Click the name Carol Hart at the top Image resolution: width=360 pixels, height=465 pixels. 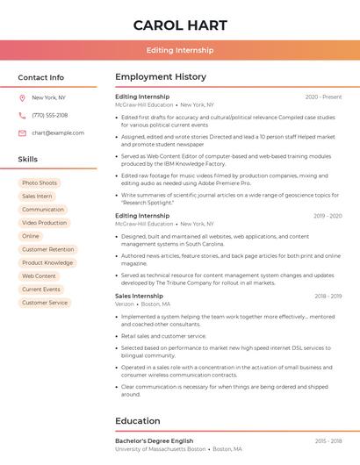[180, 25]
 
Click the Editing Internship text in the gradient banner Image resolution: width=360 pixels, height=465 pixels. [180, 50]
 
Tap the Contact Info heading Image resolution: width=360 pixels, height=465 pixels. [41, 77]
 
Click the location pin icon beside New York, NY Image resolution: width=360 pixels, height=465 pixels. [22, 97]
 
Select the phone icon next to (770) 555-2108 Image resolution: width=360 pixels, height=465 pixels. [22, 115]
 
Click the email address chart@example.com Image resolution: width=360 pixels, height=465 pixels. [58, 132]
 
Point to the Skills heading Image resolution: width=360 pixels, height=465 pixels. [28, 159]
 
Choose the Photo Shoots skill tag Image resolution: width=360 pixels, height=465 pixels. [40, 182]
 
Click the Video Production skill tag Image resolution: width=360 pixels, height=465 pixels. [44, 223]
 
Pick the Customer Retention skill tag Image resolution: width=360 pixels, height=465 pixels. [47, 249]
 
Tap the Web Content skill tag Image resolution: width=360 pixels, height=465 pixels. [39, 275]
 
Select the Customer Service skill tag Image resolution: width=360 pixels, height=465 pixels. [45, 303]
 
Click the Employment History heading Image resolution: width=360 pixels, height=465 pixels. [161, 77]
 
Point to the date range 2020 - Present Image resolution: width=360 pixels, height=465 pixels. [323, 97]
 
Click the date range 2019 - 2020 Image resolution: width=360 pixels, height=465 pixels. [327, 215]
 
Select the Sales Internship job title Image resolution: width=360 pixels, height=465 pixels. [139, 296]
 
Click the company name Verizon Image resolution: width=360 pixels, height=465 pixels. [124, 304]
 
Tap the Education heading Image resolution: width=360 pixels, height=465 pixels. [138, 420]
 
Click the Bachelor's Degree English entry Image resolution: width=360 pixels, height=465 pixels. [154, 440]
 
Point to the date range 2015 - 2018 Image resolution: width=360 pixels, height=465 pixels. [328, 440]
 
